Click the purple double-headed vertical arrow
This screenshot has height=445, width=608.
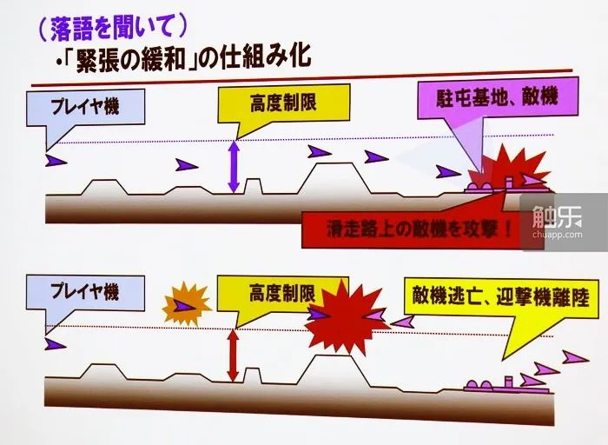234,167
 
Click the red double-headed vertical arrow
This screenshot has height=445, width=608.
233,355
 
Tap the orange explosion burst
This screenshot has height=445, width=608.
186,304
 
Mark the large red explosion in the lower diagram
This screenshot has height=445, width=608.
347,317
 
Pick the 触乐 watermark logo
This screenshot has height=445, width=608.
558,217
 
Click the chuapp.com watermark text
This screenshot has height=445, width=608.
558,235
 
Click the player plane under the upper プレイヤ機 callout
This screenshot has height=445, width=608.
56,160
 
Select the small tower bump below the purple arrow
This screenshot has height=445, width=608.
253,186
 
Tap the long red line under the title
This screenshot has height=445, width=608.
301,77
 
